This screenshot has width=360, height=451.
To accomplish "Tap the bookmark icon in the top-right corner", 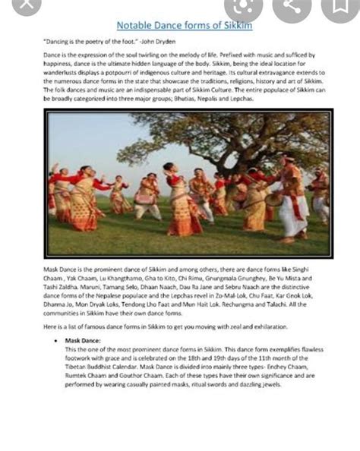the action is pyautogui.click(x=339, y=7).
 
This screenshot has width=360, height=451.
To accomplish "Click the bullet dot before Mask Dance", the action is pyautogui.click(x=57, y=342).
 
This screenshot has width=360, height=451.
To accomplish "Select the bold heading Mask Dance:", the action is pyautogui.click(x=83, y=342).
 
